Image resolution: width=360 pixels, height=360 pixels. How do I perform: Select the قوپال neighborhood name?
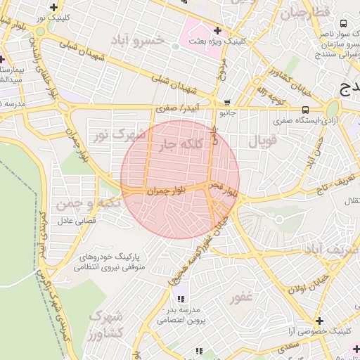tap(264, 141)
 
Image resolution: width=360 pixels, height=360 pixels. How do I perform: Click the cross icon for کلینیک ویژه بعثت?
tap(217, 30)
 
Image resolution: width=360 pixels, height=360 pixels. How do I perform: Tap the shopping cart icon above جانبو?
tap(226, 102)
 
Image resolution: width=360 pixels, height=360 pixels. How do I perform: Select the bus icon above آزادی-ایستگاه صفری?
tap(305, 110)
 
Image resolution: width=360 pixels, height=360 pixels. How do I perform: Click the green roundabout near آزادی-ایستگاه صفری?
tap(332, 109)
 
